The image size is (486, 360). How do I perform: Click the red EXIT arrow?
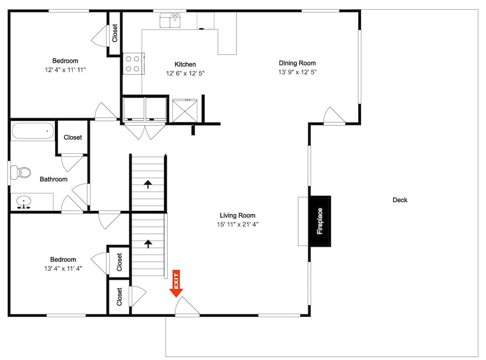click(x=176, y=284)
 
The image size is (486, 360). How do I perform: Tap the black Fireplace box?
click(x=320, y=221)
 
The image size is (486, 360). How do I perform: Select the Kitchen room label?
click(x=185, y=64)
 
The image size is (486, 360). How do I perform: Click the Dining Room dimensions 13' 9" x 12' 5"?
click(x=297, y=72)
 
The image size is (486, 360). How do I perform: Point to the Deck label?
click(x=400, y=200)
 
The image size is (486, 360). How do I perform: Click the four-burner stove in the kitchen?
click(x=133, y=63)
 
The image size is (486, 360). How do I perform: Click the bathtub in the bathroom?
click(x=33, y=131)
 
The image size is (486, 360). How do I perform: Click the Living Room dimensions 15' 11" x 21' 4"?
click(x=237, y=224)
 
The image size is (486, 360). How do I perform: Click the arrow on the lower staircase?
click(x=148, y=243)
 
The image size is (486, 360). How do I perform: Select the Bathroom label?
click(x=53, y=179)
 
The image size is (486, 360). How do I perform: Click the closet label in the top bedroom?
click(x=115, y=34)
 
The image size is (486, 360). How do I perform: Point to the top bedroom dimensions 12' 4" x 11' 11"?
click(x=65, y=70)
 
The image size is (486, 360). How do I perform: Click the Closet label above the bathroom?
click(x=73, y=137)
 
